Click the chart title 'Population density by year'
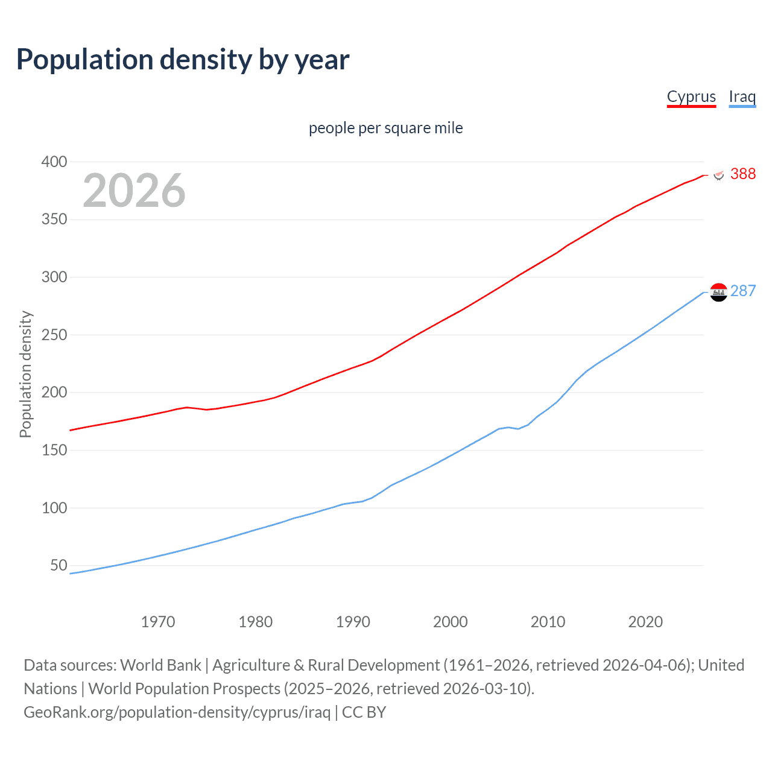(x=183, y=60)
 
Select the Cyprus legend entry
(x=691, y=96)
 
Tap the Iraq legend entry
(x=742, y=96)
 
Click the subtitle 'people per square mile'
(x=385, y=128)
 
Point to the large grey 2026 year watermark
(x=134, y=191)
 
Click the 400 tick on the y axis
(x=54, y=162)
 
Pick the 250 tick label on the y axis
(x=54, y=335)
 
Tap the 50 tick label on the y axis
(x=59, y=565)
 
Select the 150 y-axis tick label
(x=54, y=450)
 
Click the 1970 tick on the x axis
(x=158, y=622)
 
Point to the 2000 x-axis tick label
(x=450, y=622)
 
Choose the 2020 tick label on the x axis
(x=645, y=622)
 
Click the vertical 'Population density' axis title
(x=25, y=374)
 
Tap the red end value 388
(x=742, y=174)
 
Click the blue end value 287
(x=742, y=291)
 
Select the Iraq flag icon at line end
(x=718, y=292)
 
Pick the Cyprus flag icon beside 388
(x=718, y=174)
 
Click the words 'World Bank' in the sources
(x=160, y=665)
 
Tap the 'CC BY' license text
(x=364, y=712)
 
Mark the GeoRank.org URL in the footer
(x=177, y=712)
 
